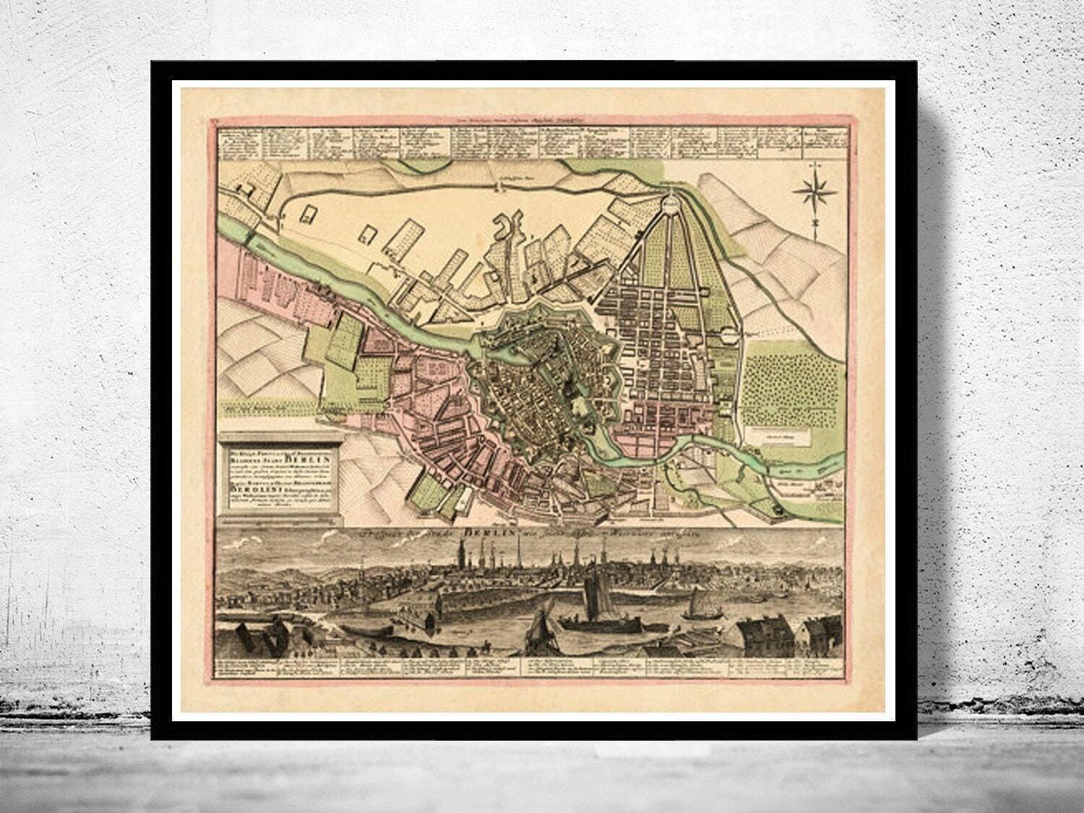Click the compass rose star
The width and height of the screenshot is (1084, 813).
(814, 192)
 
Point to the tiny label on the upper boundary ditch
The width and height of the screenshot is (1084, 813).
(499, 186)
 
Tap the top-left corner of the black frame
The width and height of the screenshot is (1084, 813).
(154, 64)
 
